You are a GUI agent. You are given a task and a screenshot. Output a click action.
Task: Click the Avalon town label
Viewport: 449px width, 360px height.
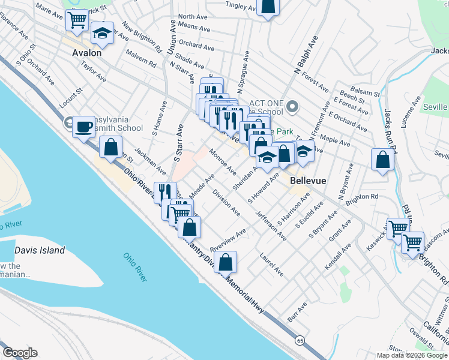[86, 52]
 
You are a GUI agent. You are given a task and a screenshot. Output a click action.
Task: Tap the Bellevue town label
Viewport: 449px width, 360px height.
[308, 180]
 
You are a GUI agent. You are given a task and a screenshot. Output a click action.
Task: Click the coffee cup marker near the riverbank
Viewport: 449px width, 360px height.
[84, 127]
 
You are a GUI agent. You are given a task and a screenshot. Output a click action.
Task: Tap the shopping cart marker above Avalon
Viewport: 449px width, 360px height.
[77, 20]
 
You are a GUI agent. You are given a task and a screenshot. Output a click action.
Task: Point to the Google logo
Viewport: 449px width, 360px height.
[20, 353]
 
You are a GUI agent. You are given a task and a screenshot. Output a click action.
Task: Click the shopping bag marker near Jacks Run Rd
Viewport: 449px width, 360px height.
[382, 160]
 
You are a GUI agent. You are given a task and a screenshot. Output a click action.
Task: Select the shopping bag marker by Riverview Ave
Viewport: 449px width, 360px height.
[225, 262]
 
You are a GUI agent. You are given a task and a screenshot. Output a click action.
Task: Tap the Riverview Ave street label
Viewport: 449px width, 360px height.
[228, 241]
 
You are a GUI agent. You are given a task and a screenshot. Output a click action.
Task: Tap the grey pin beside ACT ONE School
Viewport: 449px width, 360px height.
[292, 107]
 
